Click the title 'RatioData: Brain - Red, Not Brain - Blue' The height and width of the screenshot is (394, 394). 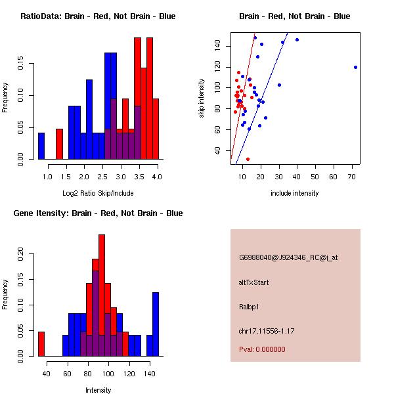click(x=98, y=16)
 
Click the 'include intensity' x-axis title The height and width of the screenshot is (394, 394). click(x=295, y=192)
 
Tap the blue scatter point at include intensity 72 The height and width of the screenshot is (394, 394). click(x=355, y=67)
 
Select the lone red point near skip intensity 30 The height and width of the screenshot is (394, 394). click(x=248, y=159)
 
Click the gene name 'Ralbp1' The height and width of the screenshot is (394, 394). click(x=249, y=306)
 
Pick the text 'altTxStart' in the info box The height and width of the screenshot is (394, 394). click(x=254, y=282)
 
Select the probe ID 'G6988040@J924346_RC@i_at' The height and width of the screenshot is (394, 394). click(x=288, y=258)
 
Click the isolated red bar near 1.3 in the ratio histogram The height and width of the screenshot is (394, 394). click(x=59, y=144)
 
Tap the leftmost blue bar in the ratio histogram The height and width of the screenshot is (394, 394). click(x=41, y=146)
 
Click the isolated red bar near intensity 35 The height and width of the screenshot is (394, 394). click(x=41, y=343)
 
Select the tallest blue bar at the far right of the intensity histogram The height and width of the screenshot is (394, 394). click(x=156, y=324)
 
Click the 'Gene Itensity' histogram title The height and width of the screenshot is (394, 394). click(x=98, y=213)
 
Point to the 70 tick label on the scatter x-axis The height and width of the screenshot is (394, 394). click(x=352, y=177)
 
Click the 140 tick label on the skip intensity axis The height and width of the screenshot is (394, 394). click(x=219, y=45)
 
